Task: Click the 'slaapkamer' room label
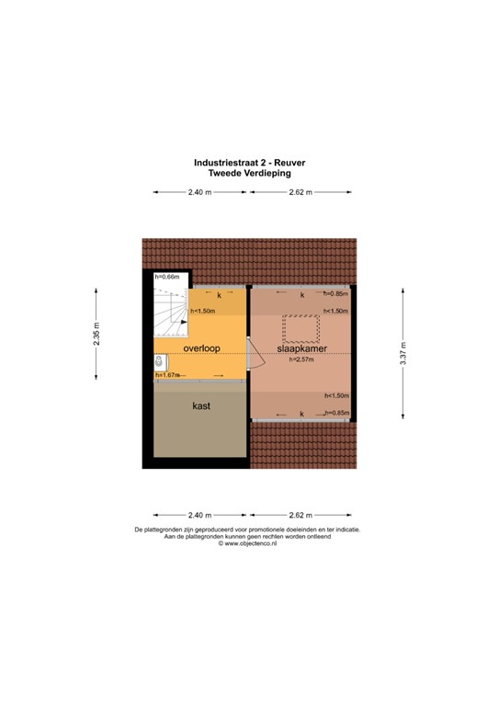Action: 302,349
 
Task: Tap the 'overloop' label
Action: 200,349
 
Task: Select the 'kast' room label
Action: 202,405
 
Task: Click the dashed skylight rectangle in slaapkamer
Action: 301,327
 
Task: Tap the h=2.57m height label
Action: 301,360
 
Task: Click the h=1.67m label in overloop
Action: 166,375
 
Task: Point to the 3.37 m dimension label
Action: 403,353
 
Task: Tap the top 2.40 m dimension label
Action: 199,192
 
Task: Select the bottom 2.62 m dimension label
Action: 301,515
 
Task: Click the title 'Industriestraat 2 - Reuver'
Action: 249,161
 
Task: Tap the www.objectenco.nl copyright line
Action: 249,543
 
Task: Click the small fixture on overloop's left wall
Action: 159,360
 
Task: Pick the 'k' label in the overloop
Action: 219,296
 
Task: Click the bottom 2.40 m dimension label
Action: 199,515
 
